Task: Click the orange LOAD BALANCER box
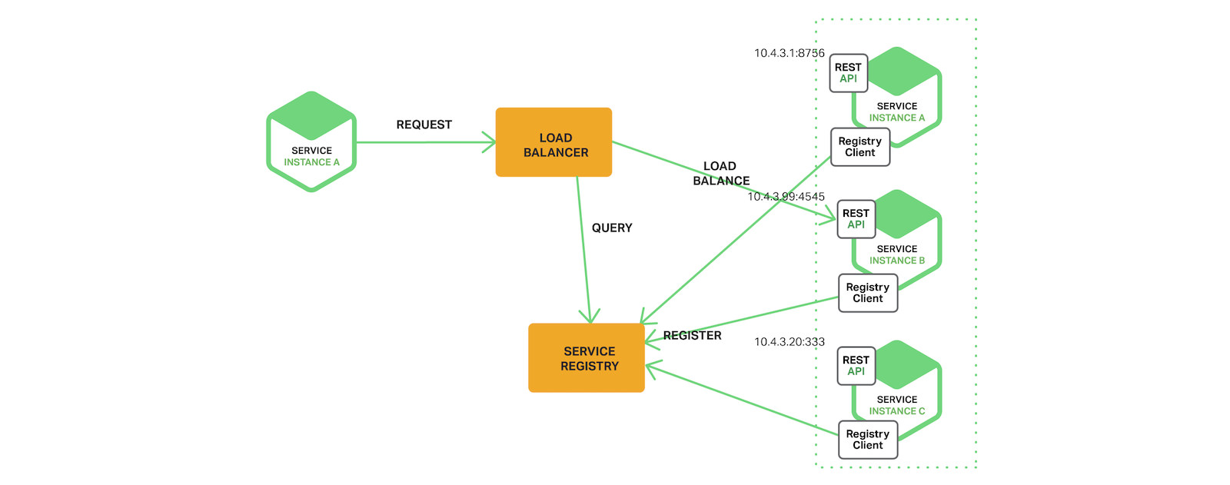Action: [x=553, y=142]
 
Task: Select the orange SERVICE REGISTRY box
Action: [x=587, y=358]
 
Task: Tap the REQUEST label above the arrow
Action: [x=424, y=125]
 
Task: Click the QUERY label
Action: [x=612, y=228]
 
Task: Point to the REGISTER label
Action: [x=692, y=336]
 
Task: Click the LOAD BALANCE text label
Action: [x=720, y=174]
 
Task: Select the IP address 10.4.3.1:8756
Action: [x=789, y=53]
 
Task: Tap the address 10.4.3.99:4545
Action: [x=786, y=197]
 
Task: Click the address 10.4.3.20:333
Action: [x=789, y=342]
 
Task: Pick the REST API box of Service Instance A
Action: [x=849, y=73]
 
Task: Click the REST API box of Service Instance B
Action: [x=856, y=219]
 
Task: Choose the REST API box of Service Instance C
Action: [x=856, y=366]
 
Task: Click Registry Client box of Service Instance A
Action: [x=860, y=147]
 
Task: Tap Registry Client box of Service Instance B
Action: [x=868, y=293]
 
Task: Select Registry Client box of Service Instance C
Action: [x=868, y=440]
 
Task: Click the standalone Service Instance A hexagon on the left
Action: [x=311, y=142]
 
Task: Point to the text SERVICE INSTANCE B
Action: [x=897, y=255]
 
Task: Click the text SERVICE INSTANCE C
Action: [x=897, y=406]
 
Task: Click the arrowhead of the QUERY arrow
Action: [x=590, y=317]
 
